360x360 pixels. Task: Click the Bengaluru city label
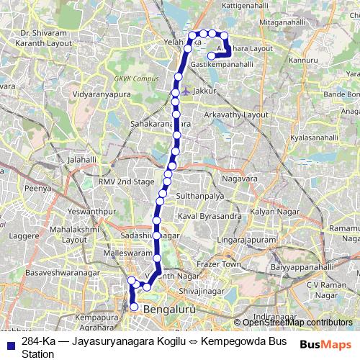(170, 310)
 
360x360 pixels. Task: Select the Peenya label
(37, 187)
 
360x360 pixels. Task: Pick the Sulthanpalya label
(198, 195)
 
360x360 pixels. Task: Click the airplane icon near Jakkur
(186, 91)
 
